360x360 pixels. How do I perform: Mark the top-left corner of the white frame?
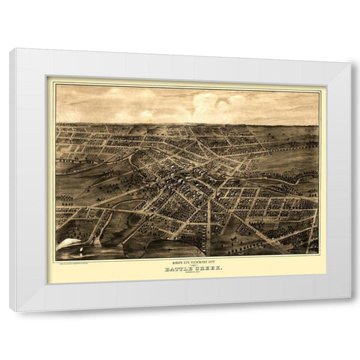[10, 49]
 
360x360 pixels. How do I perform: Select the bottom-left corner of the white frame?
[10, 309]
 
